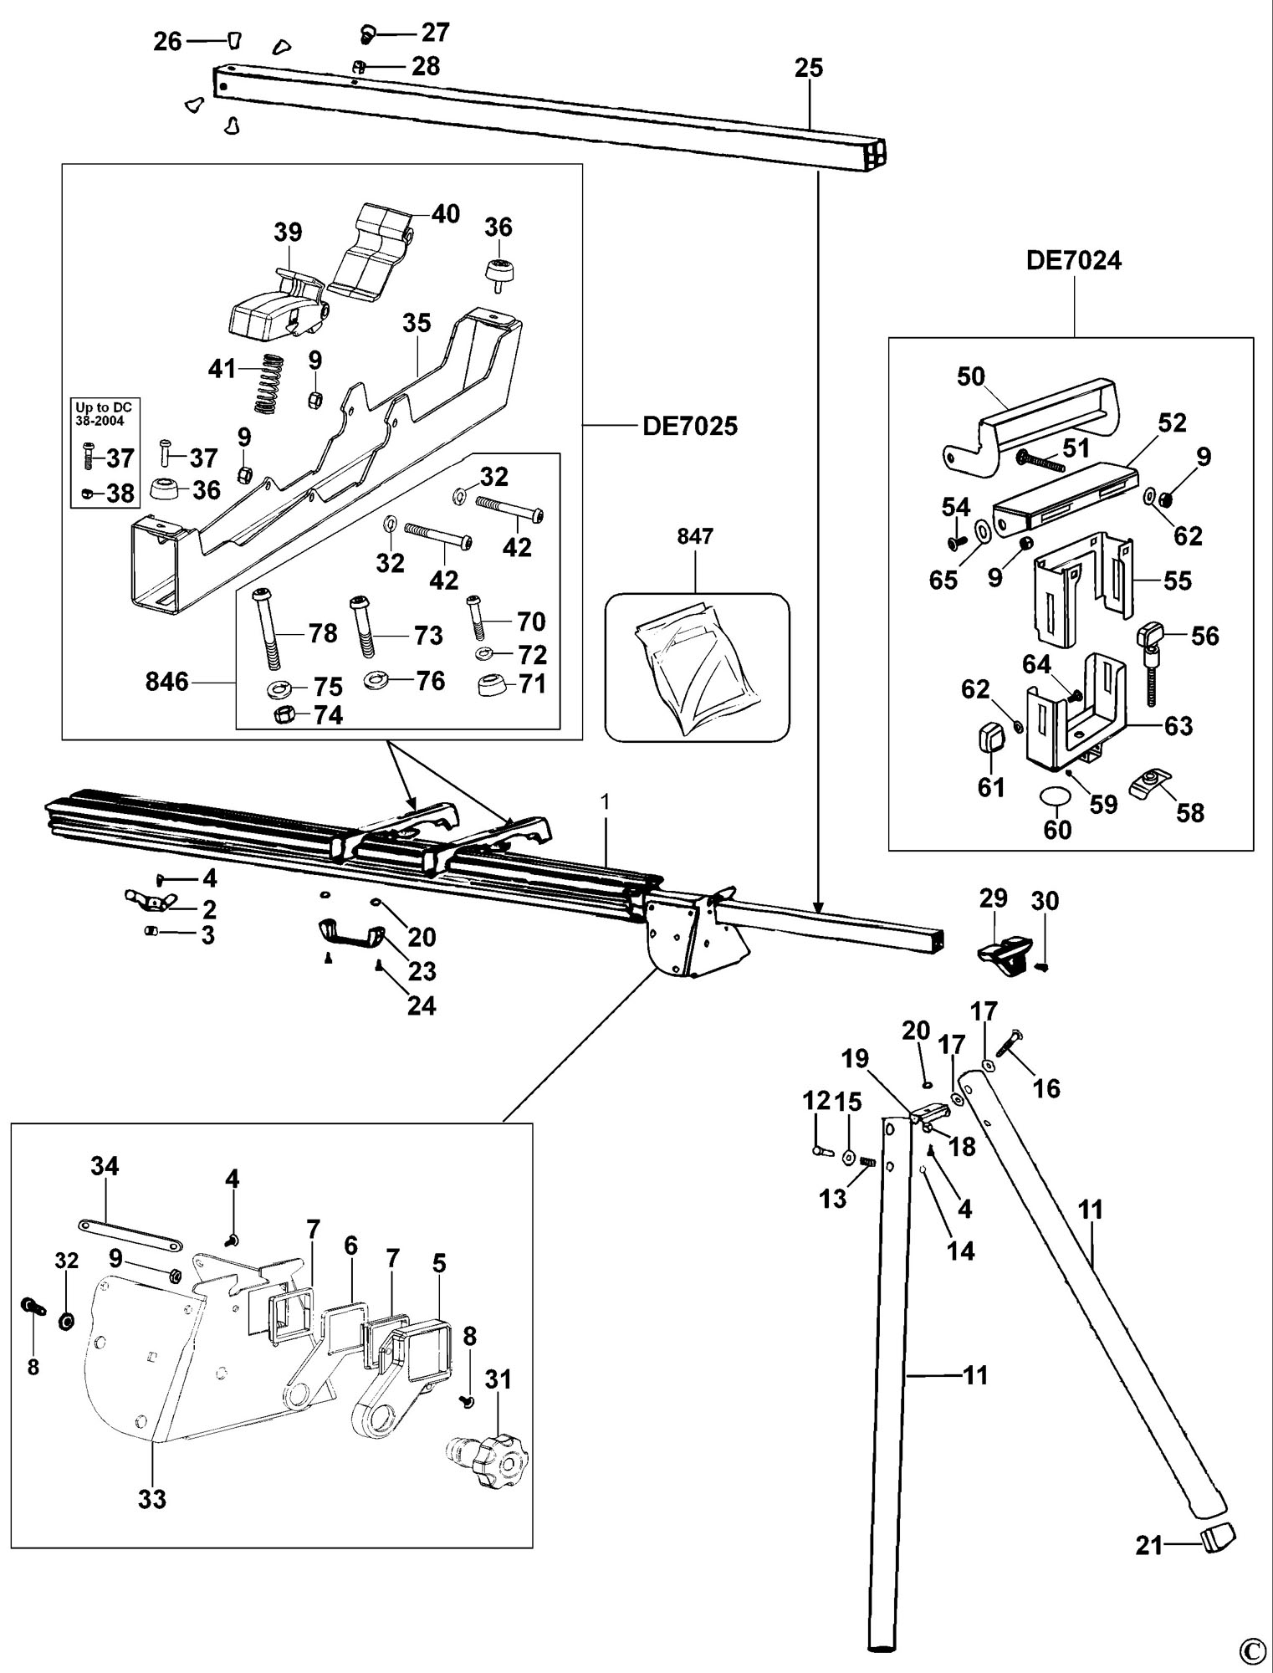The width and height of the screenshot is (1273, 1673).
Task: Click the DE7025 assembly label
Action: pos(690,427)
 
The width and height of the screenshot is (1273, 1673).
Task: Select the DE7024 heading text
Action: pos(1074,261)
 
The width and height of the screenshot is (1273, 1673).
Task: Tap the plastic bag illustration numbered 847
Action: pos(696,668)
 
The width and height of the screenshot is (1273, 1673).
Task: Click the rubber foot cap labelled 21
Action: pos(1218,1536)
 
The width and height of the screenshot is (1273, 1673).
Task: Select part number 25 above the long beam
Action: pos(809,68)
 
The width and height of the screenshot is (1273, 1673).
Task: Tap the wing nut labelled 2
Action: pos(150,902)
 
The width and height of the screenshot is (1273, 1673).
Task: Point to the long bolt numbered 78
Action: pos(268,627)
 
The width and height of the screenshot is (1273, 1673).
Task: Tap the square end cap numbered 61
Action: pos(992,739)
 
